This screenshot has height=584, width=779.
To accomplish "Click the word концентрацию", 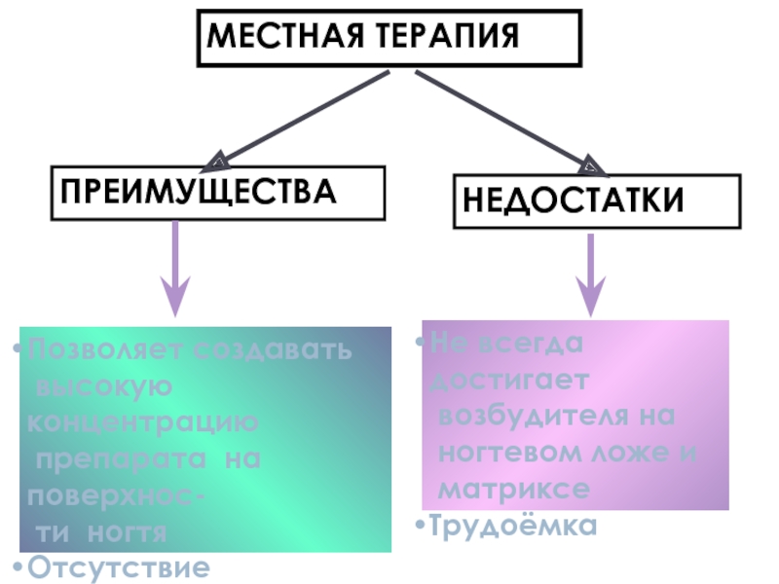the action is click(x=142, y=423).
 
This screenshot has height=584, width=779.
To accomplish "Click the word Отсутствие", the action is click(x=118, y=566).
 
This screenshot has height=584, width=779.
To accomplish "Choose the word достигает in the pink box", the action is click(x=505, y=379).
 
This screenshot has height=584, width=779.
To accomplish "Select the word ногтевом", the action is click(x=506, y=452).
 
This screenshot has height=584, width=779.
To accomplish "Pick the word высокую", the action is click(x=104, y=386).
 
